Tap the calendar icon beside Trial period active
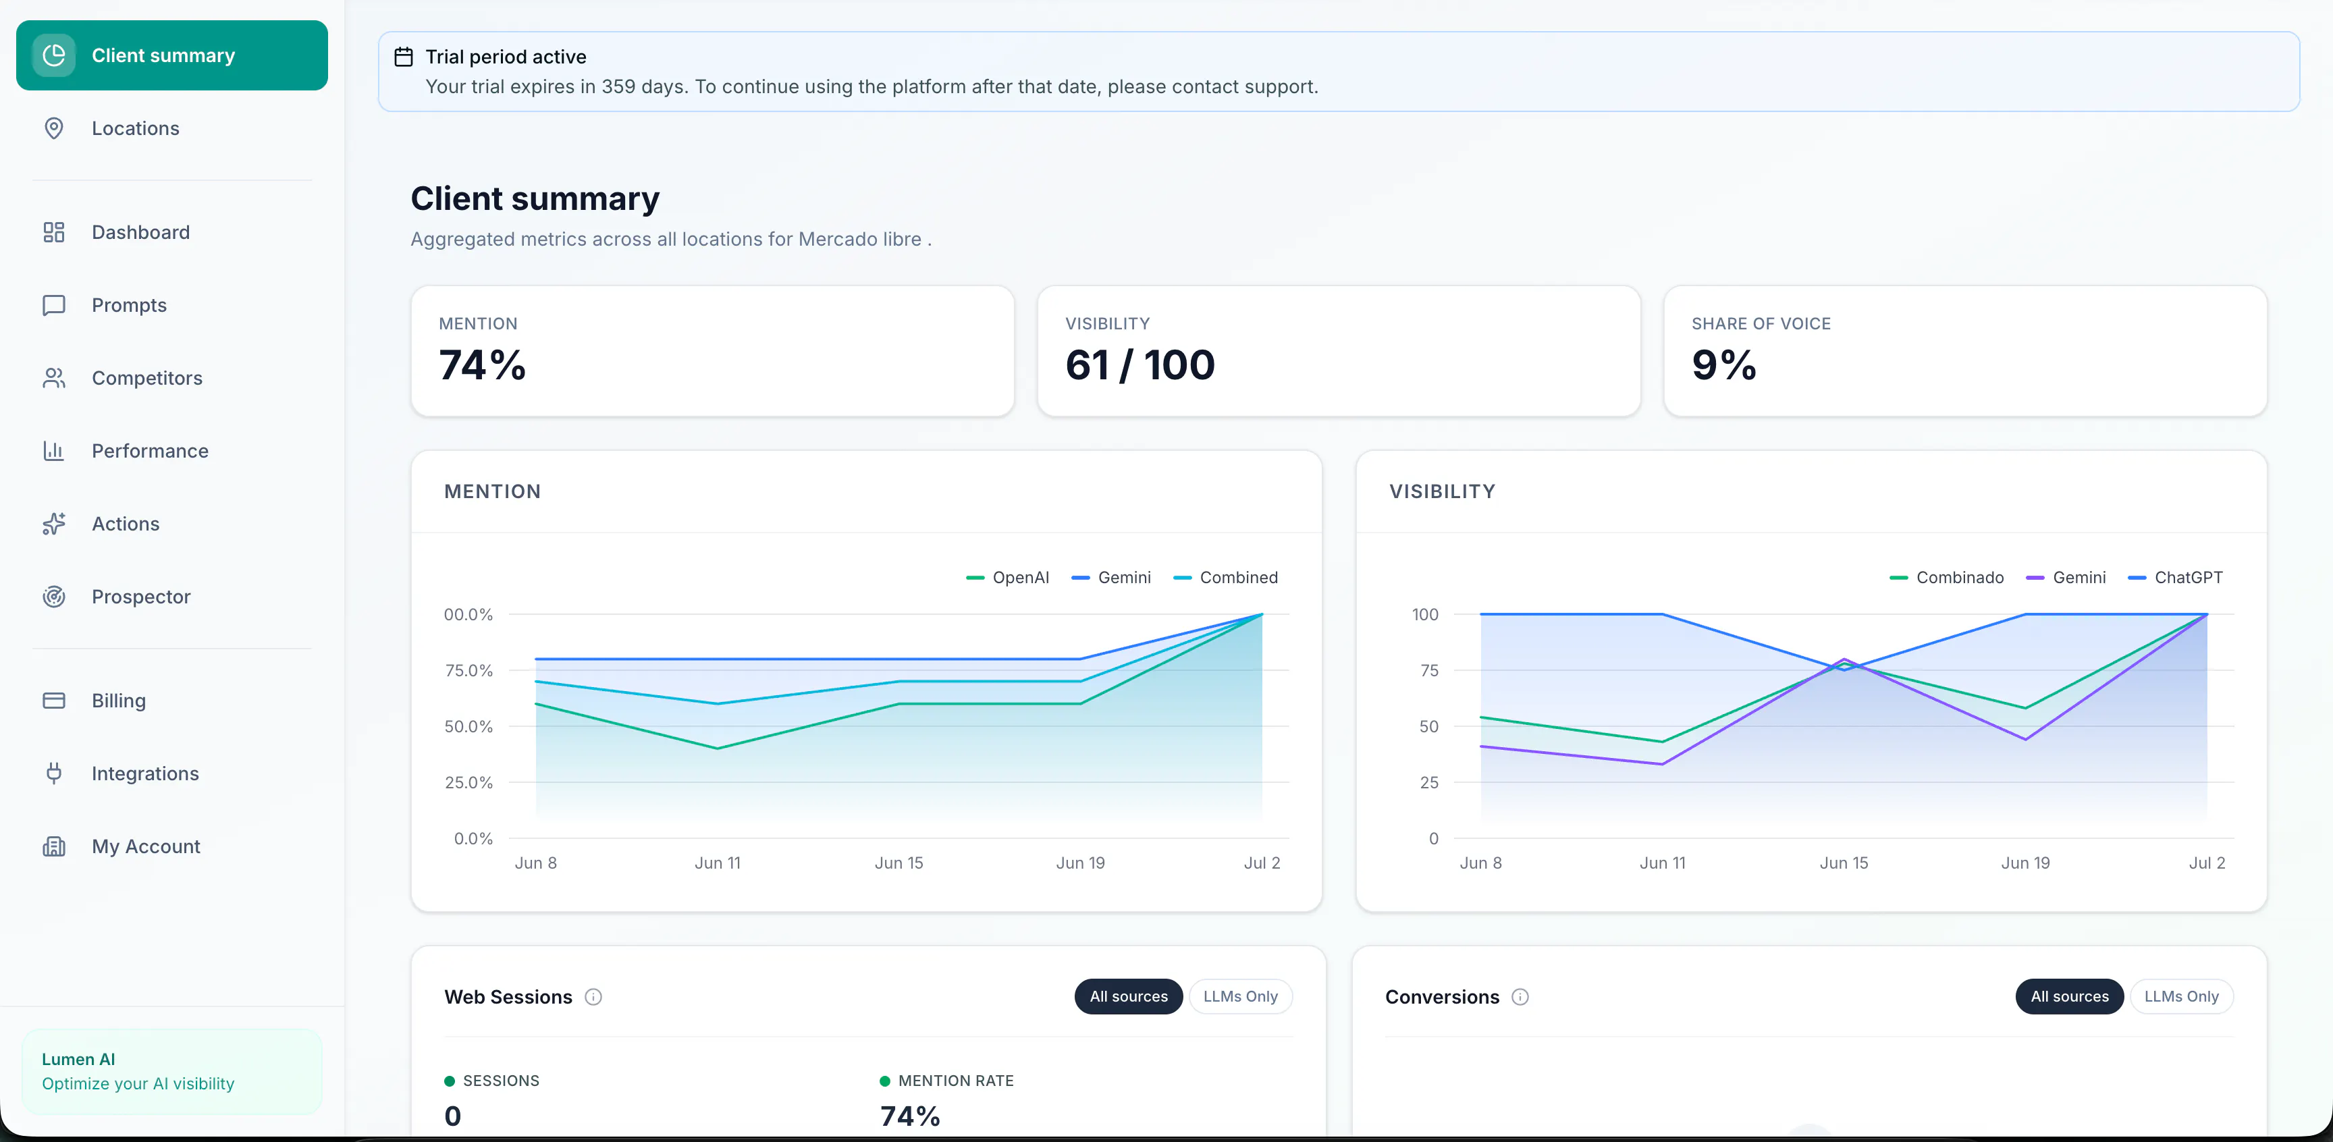(x=404, y=57)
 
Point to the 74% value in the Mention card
(x=483, y=365)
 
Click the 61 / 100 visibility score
(x=1140, y=365)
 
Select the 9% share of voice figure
(x=1724, y=365)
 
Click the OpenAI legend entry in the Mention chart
(x=1008, y=578)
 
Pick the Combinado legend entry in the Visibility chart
(x=1947, y=578)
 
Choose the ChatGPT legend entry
(x=2176, y=578)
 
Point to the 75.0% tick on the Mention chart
(x=468, y=670)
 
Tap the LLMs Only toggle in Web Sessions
(x=1240, y=996)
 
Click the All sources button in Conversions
(x=2070, y=996)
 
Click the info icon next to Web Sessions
(x=593, y=997)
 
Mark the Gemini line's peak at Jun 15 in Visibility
(x=1844, y=659)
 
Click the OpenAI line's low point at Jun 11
(x=718, y=748)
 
